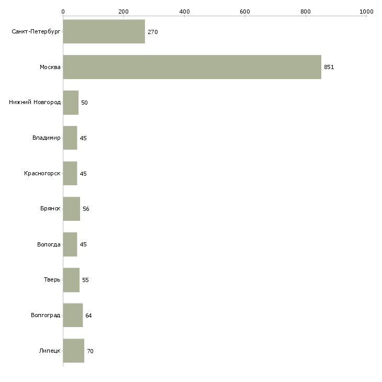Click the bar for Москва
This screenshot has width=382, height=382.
click(192, 67)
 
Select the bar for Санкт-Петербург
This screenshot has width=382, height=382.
click(104, 32)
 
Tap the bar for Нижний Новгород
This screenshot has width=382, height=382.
click(71, 103)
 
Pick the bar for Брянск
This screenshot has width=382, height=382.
click(71, 209)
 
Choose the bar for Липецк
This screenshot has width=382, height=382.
click(73, 351)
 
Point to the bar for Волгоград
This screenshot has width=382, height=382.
click(73, 316)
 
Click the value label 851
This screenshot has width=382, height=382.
click(329, 68)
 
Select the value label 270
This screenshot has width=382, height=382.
click(153, 32)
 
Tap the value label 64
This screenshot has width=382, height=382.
click(89, 316)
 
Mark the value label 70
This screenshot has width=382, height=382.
click(91, 351)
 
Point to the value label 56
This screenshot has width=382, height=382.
click(86, 209)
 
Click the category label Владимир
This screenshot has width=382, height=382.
click(46, 138)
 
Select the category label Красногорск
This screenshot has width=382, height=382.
click(42, 174)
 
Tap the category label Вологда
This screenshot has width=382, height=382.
click(49, 244)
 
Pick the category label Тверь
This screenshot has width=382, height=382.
click(52, 280)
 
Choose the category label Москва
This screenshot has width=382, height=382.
click(50, 68)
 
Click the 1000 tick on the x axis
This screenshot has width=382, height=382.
click(366, 11)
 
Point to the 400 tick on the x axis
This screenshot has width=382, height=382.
click(184, 11)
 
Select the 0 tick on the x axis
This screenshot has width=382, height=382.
click(63, 11)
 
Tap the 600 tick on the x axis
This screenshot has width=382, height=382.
click(245, 11)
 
